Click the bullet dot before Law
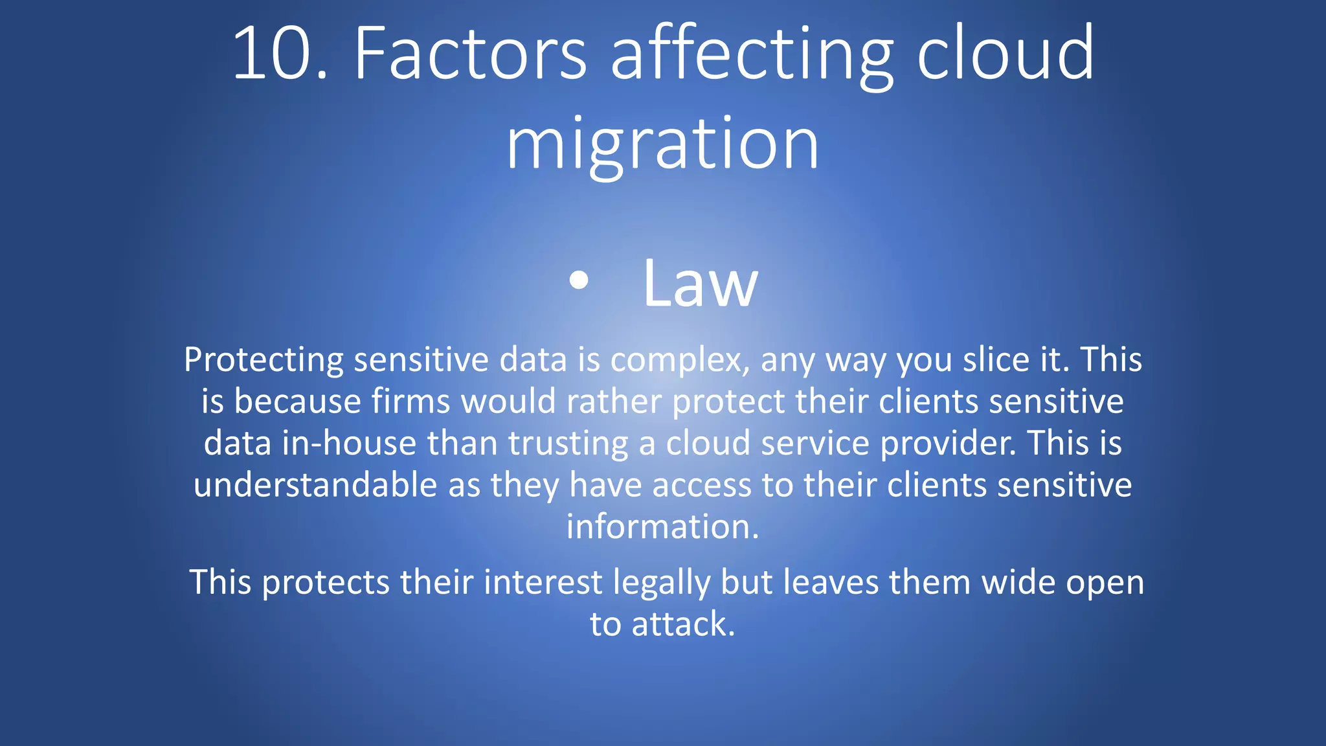579,280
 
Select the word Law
699,284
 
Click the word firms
410,401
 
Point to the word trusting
568,444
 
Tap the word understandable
315,485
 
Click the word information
662,526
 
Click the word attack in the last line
682,624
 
